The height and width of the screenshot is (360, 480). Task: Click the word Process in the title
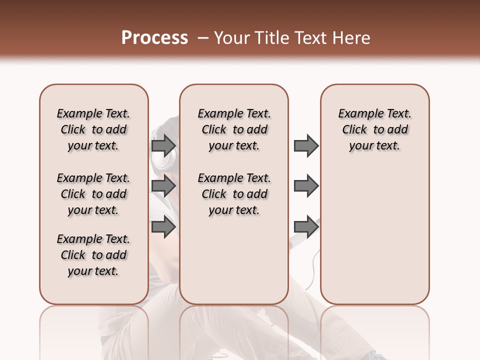[x=154, y=38]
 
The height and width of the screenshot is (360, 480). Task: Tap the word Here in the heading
[x=351, y=38]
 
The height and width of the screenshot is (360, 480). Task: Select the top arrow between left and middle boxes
[x=163, y=145]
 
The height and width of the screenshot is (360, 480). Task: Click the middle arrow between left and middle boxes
[x=163, y=186]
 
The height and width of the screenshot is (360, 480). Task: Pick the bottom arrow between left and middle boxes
[x=163, y=226]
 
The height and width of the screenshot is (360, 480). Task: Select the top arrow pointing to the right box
[x=306, y=145]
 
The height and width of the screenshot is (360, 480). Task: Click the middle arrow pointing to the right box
[x=306, y=186]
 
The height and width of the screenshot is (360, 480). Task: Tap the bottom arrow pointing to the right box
[x=306, y=226]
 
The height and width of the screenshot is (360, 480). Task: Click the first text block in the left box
[x=93, y=129]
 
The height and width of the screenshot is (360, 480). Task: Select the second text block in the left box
[x=93, y=194]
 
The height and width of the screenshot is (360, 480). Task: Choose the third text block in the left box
[x=93, y=255]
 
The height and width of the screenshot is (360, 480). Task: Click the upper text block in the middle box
[x=234, y=129]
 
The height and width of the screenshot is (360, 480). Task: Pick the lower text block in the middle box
[x=234, y=194]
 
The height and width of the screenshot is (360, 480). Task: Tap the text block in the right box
[x=375, y=129]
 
